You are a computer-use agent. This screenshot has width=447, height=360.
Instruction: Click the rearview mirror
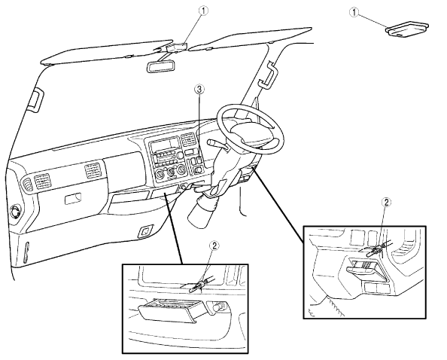(x=160, y=67)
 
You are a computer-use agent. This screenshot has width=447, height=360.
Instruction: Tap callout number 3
(x=199, y=90)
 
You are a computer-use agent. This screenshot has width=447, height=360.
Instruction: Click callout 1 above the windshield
(x=203, y=11)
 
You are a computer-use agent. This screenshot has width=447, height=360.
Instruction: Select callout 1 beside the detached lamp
(x=354, y=12)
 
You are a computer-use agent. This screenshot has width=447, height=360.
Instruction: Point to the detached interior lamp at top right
(x=407, y=29)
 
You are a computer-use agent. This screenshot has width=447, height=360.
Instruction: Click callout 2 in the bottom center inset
(x=214, y=246)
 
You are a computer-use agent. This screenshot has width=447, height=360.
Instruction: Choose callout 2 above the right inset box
(x=386, y=203)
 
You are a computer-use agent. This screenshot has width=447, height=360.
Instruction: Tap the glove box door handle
(x=73, y=199)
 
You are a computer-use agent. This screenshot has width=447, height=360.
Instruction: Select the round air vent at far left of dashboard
(x=14, y=212)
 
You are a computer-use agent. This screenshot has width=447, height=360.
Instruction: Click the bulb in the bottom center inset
(x=196, y=287)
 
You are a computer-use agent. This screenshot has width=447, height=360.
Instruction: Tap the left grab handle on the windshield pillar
(x=36, y=100)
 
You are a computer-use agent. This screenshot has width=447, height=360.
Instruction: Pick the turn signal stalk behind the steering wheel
(x=217, y=144)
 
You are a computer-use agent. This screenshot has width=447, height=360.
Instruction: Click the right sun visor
(x=251, y=38)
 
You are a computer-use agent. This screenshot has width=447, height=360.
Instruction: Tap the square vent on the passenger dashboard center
(x=93, y=171)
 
